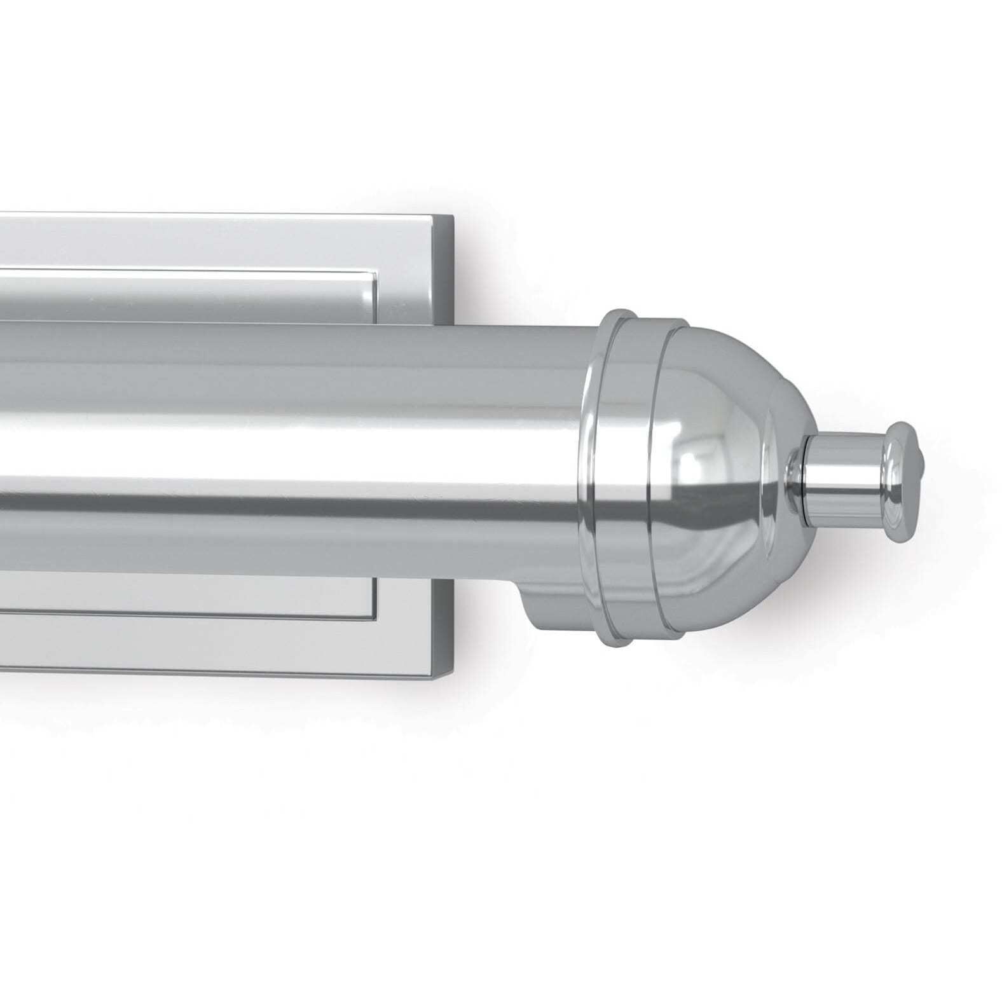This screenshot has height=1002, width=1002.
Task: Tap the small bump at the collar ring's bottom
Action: coord(620,640)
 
